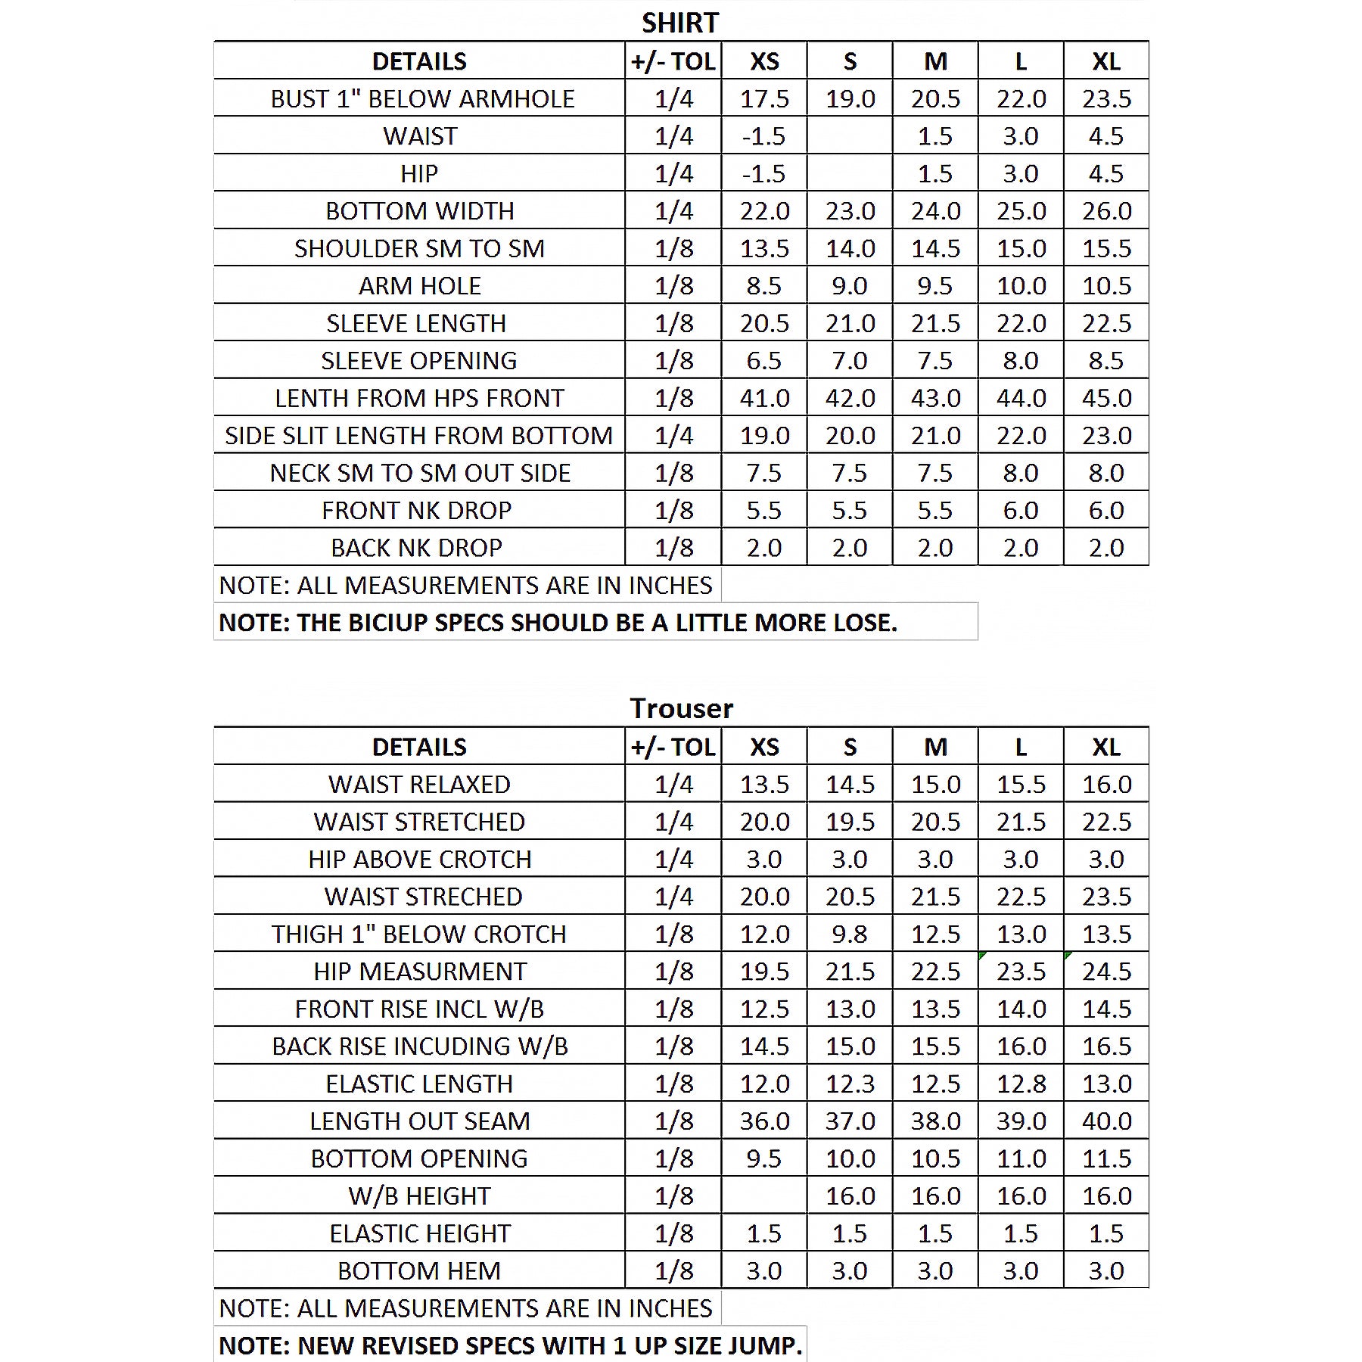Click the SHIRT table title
coord(680,23)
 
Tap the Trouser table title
coord(681,708)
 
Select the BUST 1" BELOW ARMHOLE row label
coord(422,98)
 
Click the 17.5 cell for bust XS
coord(764,98)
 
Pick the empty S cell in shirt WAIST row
coord(850,136)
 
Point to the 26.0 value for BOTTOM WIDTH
coord(1106,211)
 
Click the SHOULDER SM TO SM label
coord(419,248)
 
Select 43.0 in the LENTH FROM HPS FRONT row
coord(935,398)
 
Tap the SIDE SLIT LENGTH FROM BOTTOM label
coord(418,436)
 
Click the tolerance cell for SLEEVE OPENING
coord(673,361)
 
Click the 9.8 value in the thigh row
coord(850,934)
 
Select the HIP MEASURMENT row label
coord(420,972)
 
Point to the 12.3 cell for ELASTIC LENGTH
coord(850,1084)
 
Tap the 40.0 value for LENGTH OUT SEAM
coord(1106,1121)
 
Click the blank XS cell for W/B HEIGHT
coord(764,1196)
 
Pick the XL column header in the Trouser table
coord(1106,747)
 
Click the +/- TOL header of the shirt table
coord(673,61)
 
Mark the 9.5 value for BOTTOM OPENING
coord(764,1158)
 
